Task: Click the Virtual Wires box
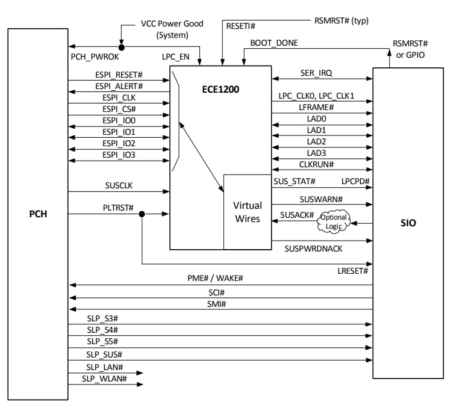pos(247,212)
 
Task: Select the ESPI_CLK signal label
pos(119,97)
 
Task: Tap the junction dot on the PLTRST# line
pos(142,214)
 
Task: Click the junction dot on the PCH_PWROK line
pos(122,47)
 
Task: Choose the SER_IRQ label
pos(316,72)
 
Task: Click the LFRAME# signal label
pos(316,107)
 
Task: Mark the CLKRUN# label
pos(316,164)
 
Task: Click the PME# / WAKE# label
pos(215,278)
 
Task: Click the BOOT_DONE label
pos(274,43)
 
